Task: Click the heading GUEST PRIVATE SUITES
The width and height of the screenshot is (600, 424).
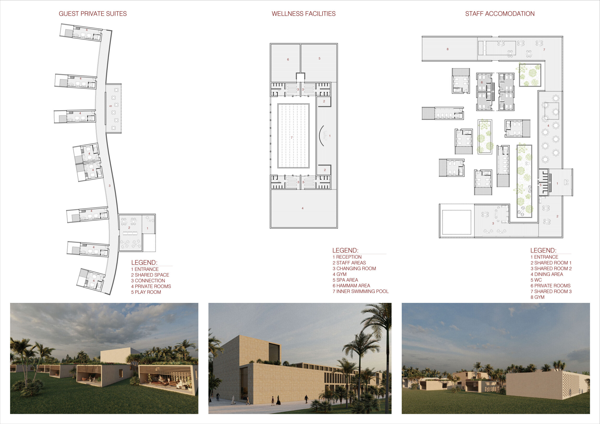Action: click(93, 14)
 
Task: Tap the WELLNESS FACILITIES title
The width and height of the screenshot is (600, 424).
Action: click(304, 14)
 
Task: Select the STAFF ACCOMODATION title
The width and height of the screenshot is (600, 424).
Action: click(500, 14)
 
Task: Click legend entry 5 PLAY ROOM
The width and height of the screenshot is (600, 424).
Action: click(146, 292)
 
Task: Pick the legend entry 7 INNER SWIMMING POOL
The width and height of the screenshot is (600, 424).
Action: click(361, 291)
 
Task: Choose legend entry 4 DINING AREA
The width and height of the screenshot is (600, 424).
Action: click(547, 274)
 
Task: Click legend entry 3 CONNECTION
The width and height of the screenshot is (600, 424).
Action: click(148, 281)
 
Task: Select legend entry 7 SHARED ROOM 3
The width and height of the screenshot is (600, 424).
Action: click(551, 291)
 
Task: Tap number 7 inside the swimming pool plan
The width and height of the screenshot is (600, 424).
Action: click(292, 137)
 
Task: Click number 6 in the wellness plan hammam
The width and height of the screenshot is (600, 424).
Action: click(288, 59)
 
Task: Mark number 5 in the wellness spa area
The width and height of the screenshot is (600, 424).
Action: click(319, 59)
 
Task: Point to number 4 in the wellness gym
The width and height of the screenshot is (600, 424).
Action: click(303, 208)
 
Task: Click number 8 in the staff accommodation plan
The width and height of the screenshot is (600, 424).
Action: click(448, 49)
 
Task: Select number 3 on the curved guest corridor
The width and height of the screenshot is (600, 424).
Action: click(109, 186)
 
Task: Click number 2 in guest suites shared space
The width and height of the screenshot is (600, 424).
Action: click(129, 228)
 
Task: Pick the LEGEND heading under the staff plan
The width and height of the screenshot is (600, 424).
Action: click(543, 250)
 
